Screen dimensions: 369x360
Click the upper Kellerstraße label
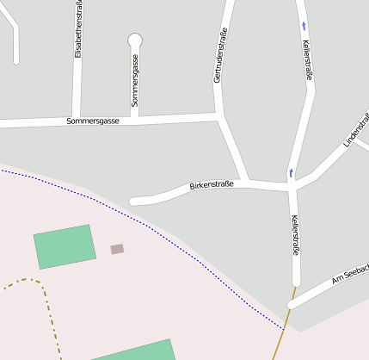308,59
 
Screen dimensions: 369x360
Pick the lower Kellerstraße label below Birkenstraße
294,236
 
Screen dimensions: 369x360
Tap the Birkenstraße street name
212,184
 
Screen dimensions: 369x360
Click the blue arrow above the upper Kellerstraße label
304,26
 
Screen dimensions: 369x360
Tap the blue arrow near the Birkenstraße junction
291,173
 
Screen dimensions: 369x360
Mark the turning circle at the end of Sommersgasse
135,40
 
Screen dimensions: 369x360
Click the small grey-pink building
117,249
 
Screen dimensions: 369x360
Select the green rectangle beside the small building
64,246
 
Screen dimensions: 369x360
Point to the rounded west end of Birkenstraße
134,202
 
